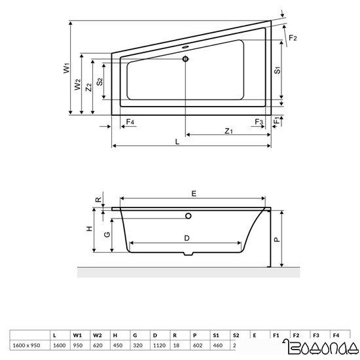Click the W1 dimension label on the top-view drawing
(x=67, y=68)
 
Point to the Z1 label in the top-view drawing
(x=228, y=131)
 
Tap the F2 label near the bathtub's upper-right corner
(x=293, y=39)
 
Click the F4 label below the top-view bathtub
(x=130, y=122)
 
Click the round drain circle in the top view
(x=186, y=60)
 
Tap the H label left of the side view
(x=87, y=230)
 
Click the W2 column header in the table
(x=98, y=334)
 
